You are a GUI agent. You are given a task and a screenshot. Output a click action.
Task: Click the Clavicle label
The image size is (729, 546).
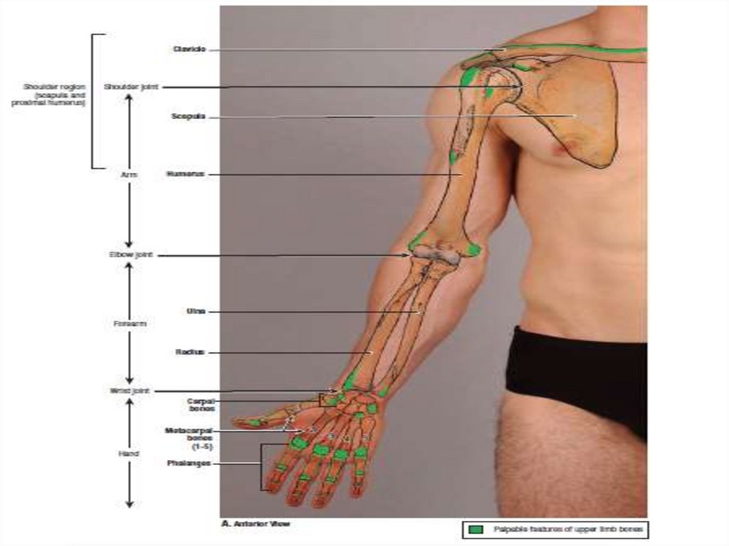click(x=189, y=49)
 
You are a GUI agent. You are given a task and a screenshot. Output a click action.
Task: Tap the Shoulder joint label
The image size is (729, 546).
click(x=131, y=87)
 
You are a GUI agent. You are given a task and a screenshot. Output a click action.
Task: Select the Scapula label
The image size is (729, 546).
click(x=189, y=116)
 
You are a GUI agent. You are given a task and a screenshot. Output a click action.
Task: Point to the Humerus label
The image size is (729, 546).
click(x=186, y=174)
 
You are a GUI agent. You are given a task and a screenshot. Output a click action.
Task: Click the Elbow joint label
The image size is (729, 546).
click(x=129, y=254)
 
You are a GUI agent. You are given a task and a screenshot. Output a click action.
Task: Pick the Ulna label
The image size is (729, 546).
click(x=196, y=311)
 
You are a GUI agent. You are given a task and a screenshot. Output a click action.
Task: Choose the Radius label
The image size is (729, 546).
click(x=191, y=352)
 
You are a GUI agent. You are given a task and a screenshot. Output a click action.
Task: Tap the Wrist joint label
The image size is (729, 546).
click(x=128, y=391)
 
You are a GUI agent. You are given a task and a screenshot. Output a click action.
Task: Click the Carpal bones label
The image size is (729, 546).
click(x=201, y=405)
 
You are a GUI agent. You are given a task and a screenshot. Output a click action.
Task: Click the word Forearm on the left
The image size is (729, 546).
click(x=130, y=324)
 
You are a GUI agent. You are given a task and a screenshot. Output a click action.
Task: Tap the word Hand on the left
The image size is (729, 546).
click(x=129, y=453)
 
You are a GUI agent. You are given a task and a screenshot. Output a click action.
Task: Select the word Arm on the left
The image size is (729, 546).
click(x=129, y=174)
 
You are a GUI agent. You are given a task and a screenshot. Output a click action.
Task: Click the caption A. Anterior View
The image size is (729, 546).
click(x=255, y=525)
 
